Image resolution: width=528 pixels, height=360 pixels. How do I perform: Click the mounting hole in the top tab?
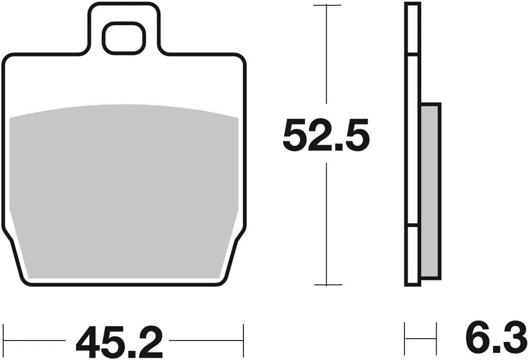coord(124,38)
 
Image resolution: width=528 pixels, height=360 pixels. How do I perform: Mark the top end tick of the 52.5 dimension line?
coord(327,5)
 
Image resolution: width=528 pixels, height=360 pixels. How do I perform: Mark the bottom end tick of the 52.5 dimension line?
coord(327,285)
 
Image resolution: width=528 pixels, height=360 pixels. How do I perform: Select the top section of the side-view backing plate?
coord(412,29)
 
